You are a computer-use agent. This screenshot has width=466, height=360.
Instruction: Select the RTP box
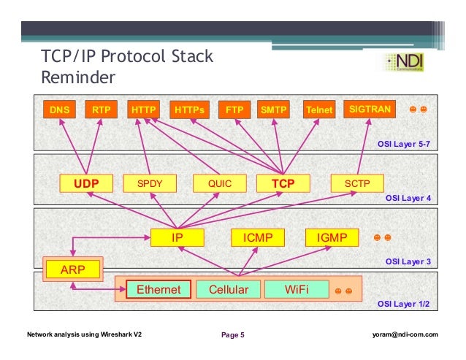99,110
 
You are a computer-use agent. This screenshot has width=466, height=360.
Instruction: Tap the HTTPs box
191,110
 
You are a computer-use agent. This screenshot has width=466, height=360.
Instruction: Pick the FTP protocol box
234,110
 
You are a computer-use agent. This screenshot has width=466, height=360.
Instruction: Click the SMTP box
275,110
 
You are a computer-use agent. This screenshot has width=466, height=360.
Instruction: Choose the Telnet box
319,110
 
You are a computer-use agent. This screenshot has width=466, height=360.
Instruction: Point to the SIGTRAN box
370,110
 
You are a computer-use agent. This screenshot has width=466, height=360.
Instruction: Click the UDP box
85,183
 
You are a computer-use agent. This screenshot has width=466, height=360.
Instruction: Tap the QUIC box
219,183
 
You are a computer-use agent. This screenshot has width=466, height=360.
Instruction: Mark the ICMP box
257,237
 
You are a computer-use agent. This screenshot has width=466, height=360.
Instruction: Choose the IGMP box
332,237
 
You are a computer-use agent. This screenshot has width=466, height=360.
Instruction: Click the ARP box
72,269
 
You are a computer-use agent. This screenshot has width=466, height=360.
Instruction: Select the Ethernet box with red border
158,290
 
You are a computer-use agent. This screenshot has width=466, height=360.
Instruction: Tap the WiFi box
297,290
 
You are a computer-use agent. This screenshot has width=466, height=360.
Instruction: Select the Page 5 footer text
233,335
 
